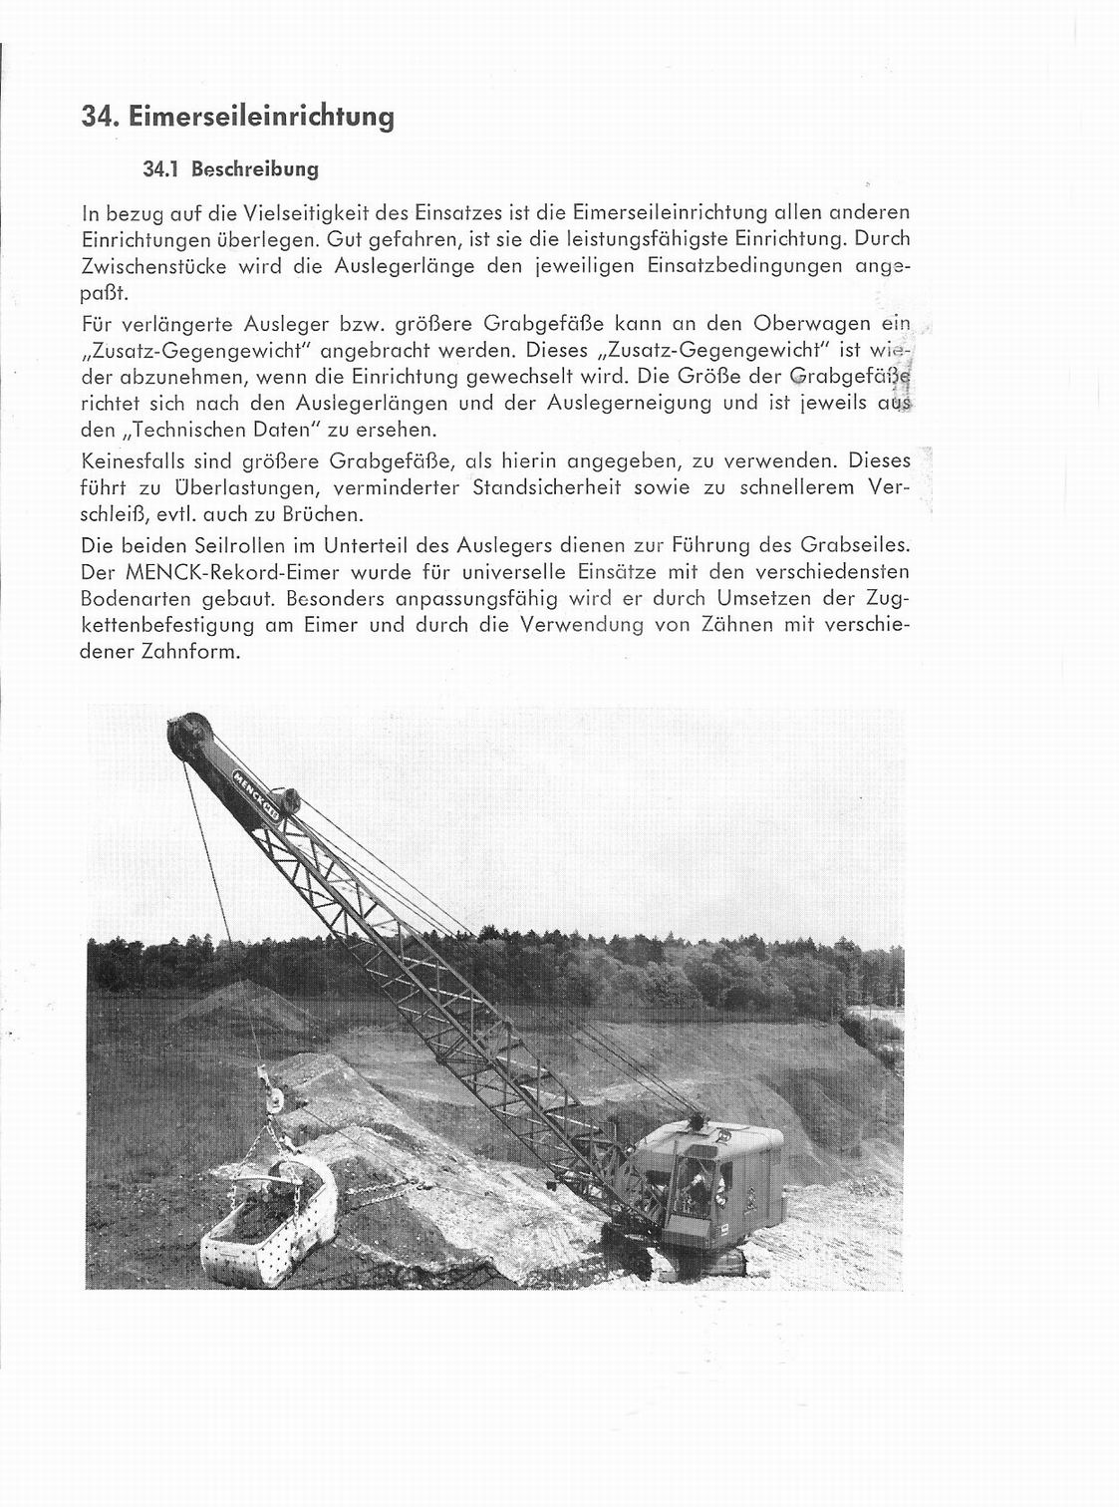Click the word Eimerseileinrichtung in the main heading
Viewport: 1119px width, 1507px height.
[261, 118]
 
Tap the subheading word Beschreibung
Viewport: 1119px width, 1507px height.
[255, 169]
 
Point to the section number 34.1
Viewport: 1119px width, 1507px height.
[160, 169]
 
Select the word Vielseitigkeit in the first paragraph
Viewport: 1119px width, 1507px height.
[301, 212]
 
